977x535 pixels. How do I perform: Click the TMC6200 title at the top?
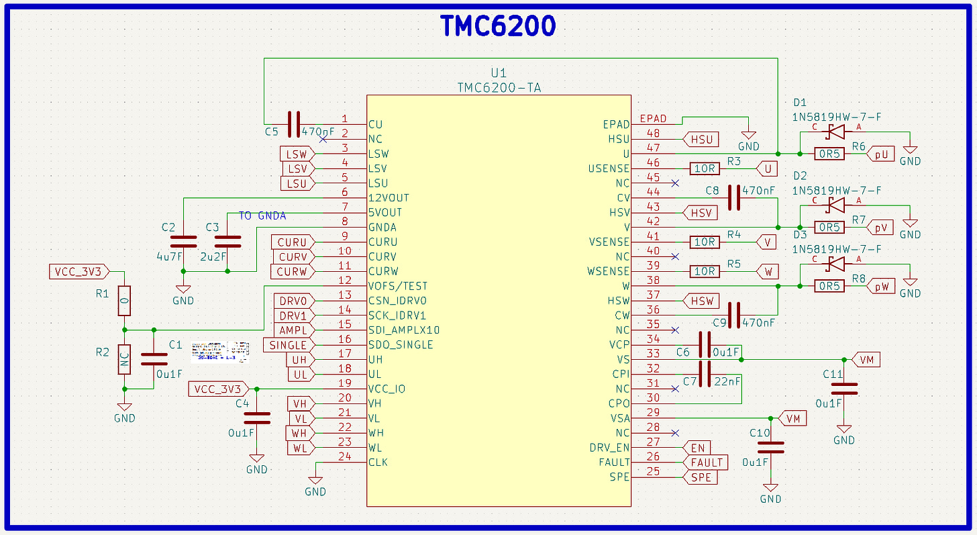pyautogui.click(x=498, y=26)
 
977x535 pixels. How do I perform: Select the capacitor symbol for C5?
pyautogui.click(x=293, y=124)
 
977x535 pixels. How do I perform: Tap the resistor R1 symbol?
pyautogui.click(x=124, y=301)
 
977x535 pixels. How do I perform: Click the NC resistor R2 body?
pyautogui.click(x=124, y=360)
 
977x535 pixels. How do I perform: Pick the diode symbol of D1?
pyautogui.click(x=836, y=132)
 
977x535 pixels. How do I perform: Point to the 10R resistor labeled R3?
pyautogui.click(x=705, y=168)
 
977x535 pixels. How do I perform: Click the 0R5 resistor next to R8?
pyautogui.click(x=829, y=286)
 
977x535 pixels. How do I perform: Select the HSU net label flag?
pyautogui.click(x=701, y=139)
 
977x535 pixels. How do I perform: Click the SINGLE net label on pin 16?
pyautogui.click(x=289, y=345)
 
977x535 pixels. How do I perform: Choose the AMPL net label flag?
pyautogui.click(x=293, y=330)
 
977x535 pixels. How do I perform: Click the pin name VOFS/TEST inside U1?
pyautogui.click(x=398, y=286)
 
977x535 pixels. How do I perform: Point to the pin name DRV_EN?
pyautogui.click(x=609, y=448)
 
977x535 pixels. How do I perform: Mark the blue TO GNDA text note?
pyautogui.click(x=262, y=215)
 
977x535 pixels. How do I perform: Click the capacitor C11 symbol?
pyautogui.click(x=844, y=388)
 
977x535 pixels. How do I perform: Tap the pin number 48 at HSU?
pyautogui.click(x=653, y=134)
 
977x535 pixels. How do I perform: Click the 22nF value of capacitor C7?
pyautogui.click(x=729, y=381)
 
